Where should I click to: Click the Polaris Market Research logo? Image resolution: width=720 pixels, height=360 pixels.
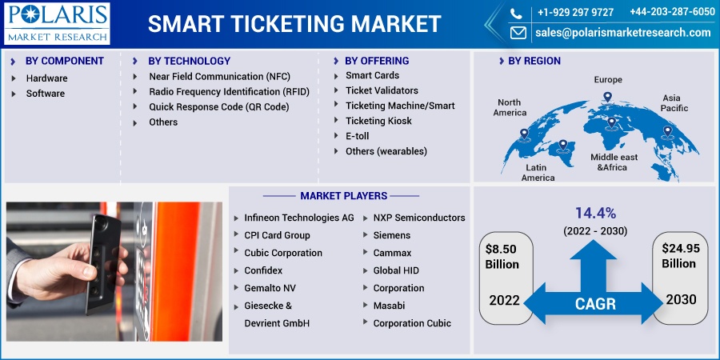point(57,23)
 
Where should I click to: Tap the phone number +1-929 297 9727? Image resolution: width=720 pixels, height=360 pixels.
point(575,12)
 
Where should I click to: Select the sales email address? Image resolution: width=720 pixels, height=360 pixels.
point(623,33)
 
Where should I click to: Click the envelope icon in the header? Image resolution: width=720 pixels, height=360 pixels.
point(518,33)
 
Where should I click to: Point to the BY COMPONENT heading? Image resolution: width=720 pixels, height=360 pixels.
point(64,61)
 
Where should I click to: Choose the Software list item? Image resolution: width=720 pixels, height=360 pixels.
point(45,94)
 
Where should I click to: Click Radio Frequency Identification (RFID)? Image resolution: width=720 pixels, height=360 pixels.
point(229,92)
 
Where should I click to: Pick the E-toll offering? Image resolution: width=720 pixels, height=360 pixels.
point(358,136)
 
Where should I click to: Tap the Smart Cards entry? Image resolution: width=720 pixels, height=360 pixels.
point(372,75)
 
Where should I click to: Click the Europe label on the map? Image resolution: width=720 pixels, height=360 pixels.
point(608,79)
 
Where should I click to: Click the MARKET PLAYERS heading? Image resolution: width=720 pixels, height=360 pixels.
point(343,196)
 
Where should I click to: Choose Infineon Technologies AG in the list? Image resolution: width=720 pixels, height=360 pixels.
point(299,218)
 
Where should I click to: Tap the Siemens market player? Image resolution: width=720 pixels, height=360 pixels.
point(392,235)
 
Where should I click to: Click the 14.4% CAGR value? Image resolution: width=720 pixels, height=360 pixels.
point(595,213)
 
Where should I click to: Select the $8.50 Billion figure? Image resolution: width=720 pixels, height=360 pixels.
point(502,257)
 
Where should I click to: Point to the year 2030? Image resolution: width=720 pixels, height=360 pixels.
point(681,299)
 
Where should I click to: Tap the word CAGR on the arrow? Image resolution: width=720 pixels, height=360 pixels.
point(595,303)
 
